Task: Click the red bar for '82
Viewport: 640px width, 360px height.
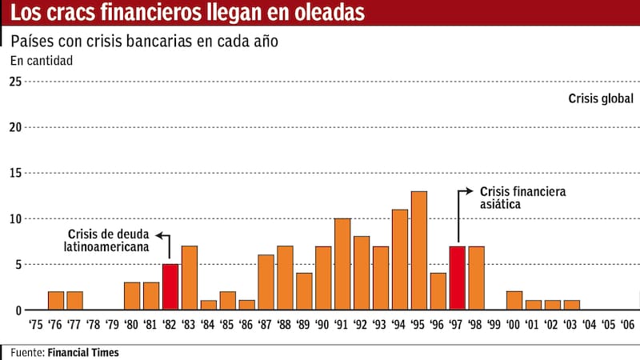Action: click(x=170, y=286)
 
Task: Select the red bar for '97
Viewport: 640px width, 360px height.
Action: click(x=457, y=278)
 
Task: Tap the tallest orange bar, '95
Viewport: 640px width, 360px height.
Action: click(x=418, y=250)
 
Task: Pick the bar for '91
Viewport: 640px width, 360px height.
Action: click(x=342, y=264)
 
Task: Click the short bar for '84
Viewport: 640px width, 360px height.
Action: click(x=208, y=305)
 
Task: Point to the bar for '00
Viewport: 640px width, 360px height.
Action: click(x=514, y=300)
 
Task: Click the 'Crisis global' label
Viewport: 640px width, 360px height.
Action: click(x=601, y=99)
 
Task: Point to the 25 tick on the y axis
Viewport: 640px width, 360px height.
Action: click(x=15, y=82)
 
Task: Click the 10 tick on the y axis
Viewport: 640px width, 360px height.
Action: click(x=15, y=218)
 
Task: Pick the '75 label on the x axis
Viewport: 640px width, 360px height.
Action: click(x=36, y=326)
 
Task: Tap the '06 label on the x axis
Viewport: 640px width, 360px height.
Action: click(x=629, y=326)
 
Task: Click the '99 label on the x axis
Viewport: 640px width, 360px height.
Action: click(x=494, y=326)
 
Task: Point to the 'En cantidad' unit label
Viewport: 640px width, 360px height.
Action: click(x=41, y=61)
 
